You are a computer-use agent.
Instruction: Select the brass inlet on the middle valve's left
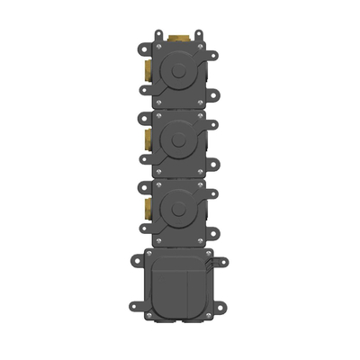pos(147,139)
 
